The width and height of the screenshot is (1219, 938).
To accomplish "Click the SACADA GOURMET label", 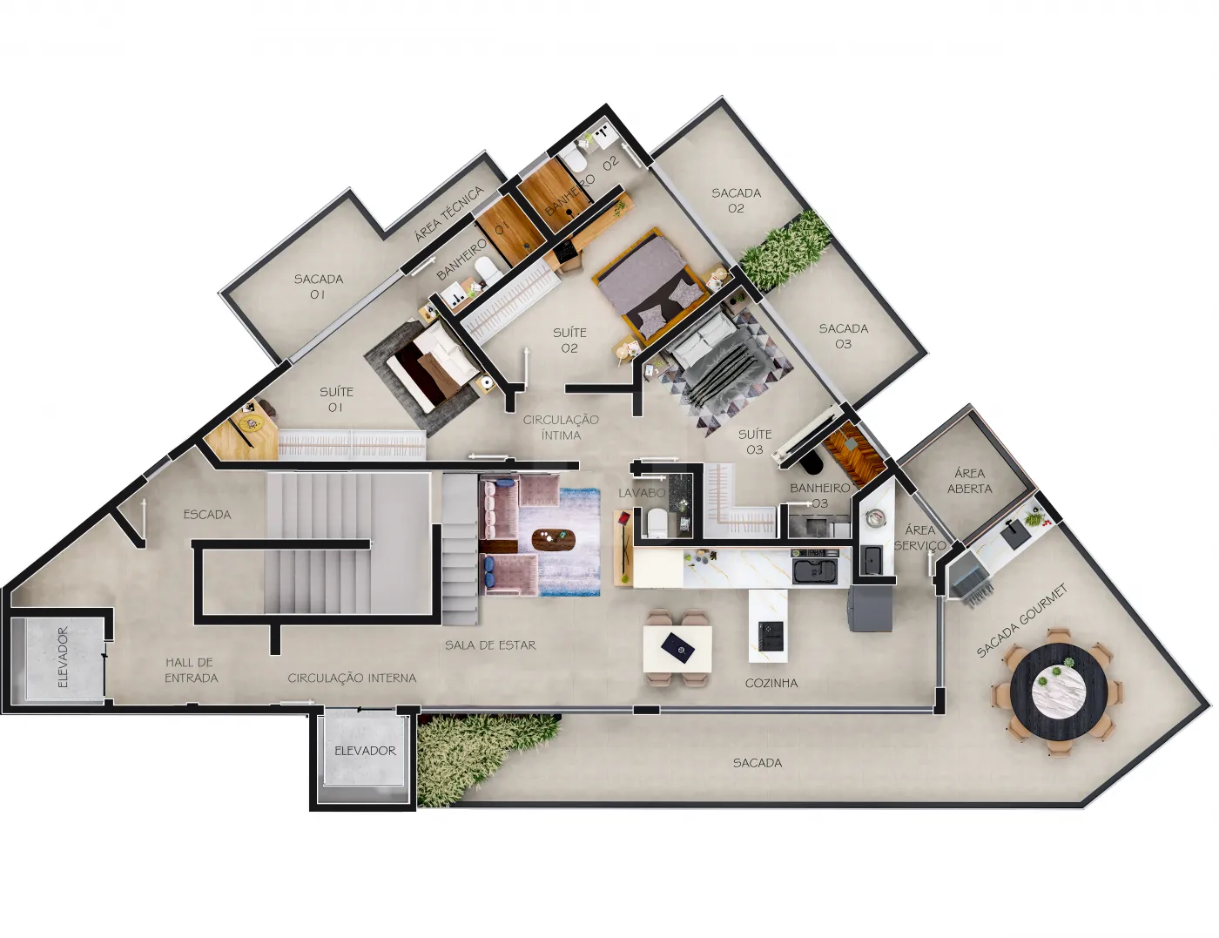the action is [x=1021, y=620].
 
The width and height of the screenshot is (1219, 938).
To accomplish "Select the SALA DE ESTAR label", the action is [x=490, y=645].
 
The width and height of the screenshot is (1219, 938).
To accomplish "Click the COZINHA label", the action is [x=771, y=684].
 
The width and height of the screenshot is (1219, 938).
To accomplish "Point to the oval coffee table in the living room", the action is [x=554, y=539].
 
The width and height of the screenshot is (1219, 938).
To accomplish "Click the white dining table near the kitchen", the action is [x=677, y=649].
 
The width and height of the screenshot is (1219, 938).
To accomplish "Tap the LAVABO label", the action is [x=642, y=493].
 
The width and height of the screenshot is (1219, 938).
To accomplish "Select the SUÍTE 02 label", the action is [x=569, y=341].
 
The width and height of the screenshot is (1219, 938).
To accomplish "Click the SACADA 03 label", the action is [x=843, y=336].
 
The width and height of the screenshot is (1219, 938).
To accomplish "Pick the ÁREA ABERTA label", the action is [x=969, y=481].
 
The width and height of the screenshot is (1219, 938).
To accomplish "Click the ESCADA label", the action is [x=207, y=515].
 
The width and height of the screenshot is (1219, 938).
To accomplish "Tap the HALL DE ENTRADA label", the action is [x=192, y=671].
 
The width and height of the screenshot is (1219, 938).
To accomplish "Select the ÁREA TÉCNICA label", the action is [x=448, y=213].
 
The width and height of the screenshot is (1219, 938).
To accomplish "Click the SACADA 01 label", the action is [x=318, y=287].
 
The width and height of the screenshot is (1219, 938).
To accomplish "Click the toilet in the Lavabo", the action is [x=655, y=523].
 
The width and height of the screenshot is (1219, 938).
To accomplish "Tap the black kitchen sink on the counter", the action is [x=814, y=570].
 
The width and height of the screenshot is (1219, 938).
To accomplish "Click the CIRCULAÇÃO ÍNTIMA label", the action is [x=561, y=428].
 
